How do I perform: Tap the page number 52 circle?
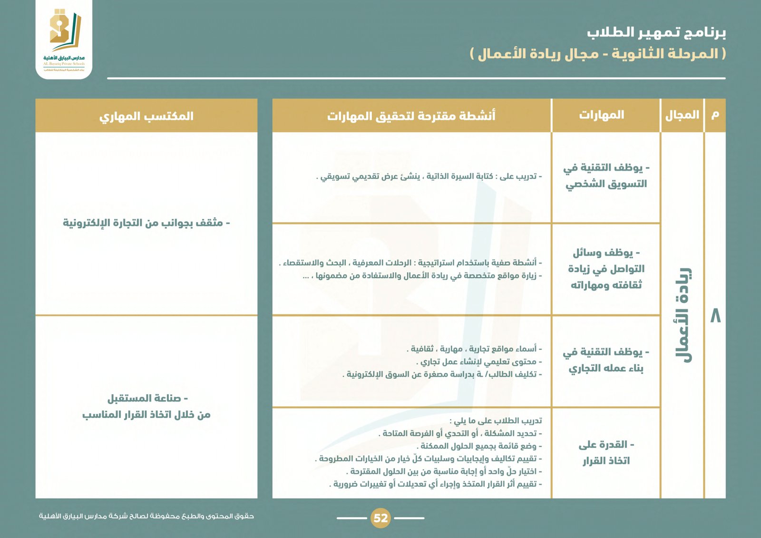380,518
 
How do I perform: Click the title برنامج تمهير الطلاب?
656,32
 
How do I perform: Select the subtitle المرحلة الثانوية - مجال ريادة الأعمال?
598,53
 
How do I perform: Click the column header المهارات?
601,115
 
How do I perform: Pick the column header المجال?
682,115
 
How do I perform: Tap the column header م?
715,115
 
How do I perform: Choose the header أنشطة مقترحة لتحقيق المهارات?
411,116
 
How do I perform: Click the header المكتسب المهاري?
146,116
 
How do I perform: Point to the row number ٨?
715,316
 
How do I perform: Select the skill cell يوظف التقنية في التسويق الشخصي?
606,176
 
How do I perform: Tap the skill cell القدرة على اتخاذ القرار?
606,452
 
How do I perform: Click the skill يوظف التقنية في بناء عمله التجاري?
606,360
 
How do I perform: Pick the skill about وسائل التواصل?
606,269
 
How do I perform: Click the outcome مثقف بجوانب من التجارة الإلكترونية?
146,223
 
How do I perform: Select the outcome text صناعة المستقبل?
147,398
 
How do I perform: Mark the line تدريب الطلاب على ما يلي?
496,421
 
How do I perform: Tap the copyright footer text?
146,516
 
